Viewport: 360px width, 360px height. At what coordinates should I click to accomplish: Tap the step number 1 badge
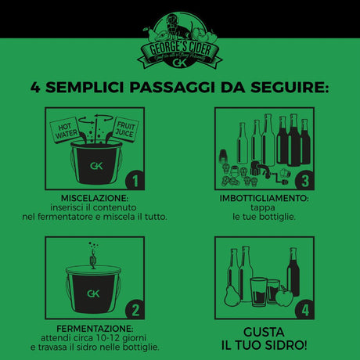[x=135, y=182]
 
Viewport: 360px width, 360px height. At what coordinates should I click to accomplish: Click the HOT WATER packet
[x=66, y=131]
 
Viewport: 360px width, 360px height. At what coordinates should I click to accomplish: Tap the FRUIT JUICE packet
[x=125, y=130]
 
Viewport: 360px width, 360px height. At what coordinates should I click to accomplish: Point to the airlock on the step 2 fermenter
[x=92, y=254]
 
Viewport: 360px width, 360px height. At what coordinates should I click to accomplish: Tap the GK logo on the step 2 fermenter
[x=92, y=296]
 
